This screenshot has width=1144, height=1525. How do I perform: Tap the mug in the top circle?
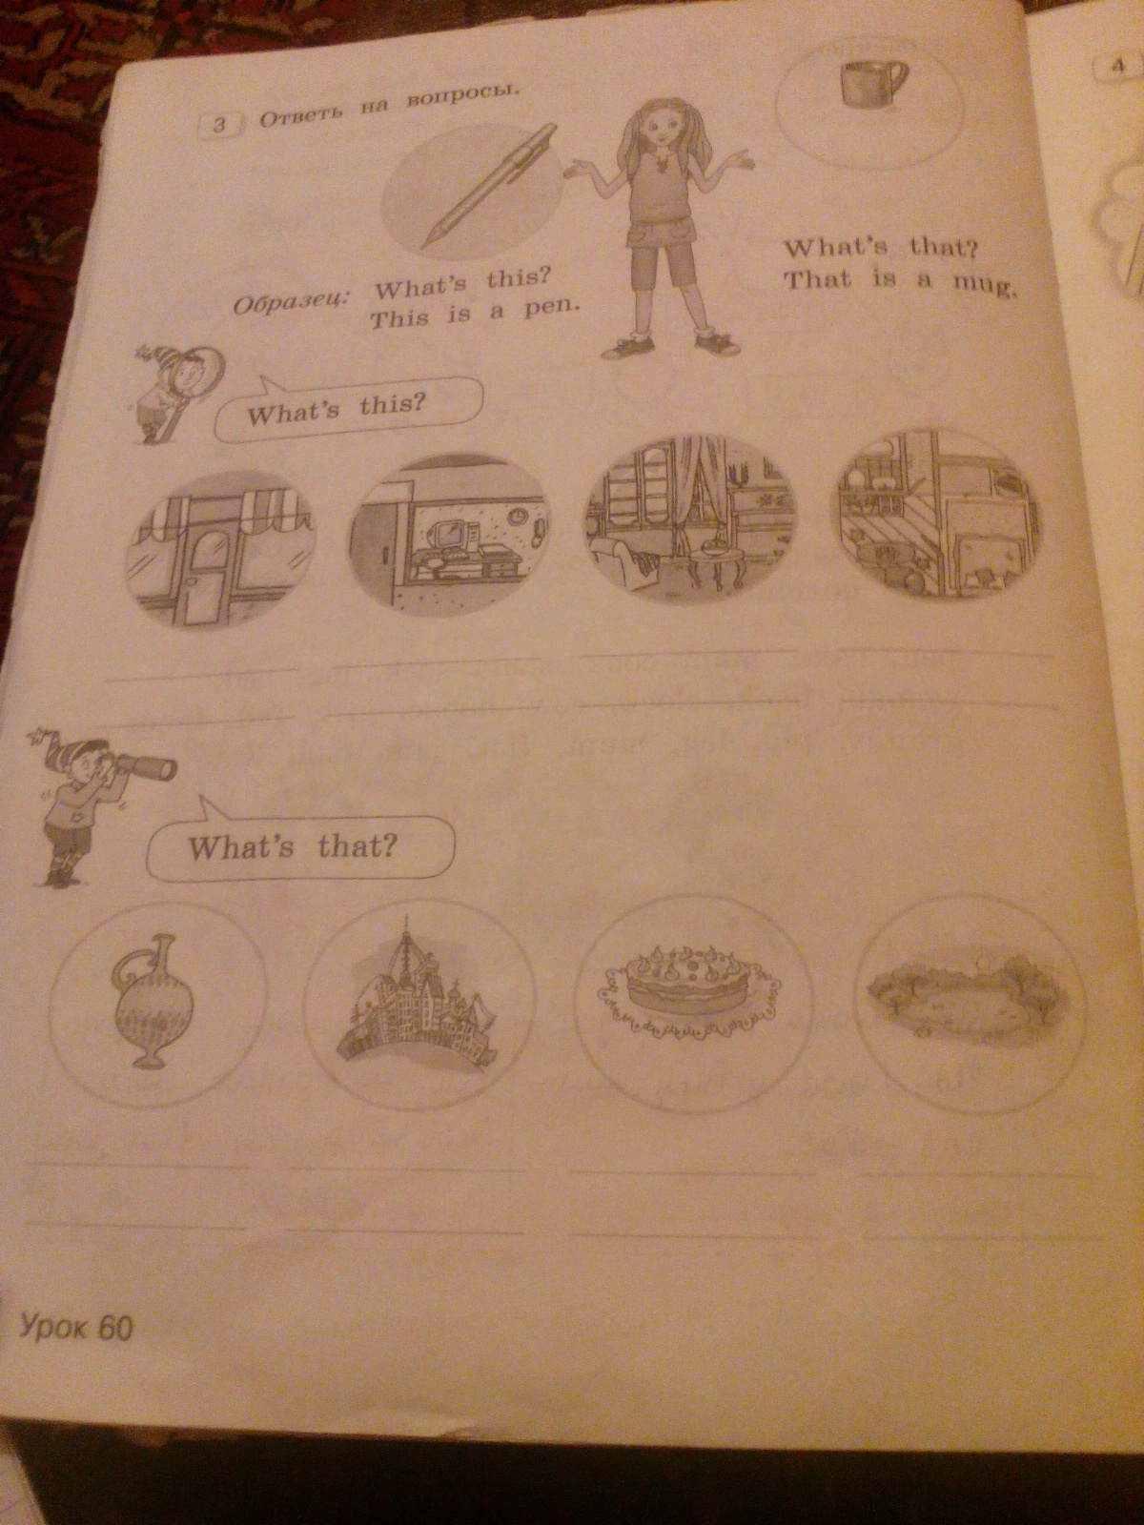click(872, 81)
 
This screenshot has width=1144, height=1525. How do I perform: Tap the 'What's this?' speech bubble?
click(347, 409)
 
